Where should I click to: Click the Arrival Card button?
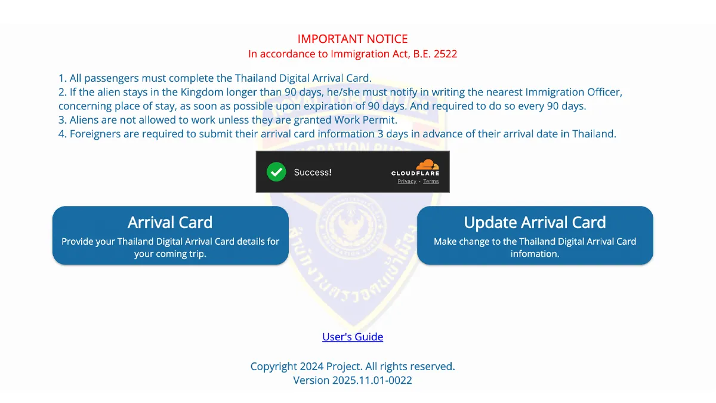coord(170,235)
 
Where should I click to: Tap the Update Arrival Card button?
coord(535,235)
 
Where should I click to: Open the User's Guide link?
coord(353,337)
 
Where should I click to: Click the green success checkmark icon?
coord(276,172)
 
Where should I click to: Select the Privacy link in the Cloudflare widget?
coord(407,181)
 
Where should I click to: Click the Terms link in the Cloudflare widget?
coord(431,181)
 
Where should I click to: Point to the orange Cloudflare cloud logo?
coord(427,164)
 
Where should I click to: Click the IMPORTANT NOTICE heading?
coord(353,39)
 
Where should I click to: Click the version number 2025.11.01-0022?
coord(372,380)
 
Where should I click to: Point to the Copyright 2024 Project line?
coord(353,367)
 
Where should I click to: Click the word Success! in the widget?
coord(313,172)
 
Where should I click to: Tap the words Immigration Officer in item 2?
coord(574,93)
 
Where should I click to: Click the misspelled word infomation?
coord(535,254)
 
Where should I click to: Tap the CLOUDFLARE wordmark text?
coord(415,173)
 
